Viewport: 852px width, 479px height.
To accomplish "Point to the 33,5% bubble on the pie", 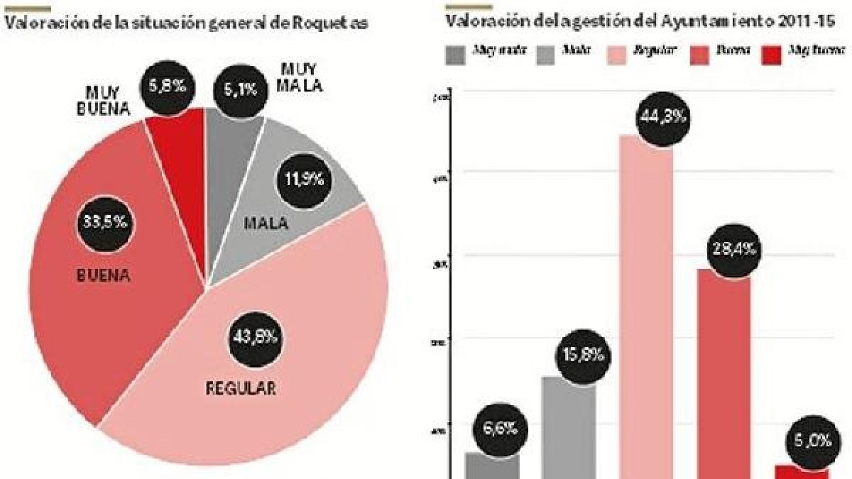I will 101,221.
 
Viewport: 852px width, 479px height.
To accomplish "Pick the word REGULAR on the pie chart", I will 239,389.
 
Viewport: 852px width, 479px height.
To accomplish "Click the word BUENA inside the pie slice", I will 103,276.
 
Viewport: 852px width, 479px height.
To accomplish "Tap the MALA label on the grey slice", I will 266,224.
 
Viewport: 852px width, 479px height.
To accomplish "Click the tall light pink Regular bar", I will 646,312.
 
